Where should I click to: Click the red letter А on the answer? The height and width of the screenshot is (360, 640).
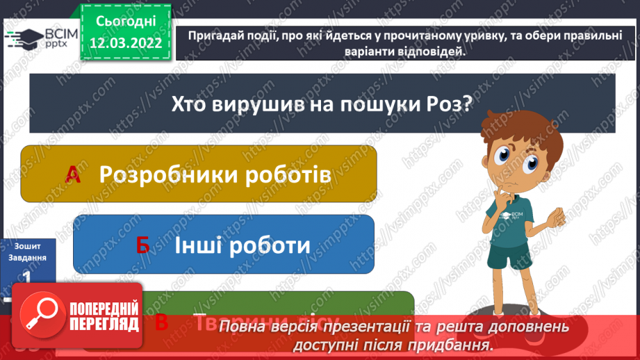[x=72, y=175]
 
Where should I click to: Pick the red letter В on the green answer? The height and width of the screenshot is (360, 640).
[x=162, y=321]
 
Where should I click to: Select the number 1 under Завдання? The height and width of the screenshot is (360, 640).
[x=26, y=277]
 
